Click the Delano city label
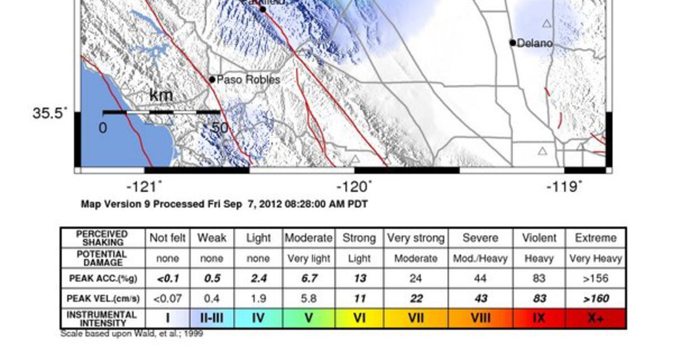[x=535, y=43]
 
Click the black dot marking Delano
[x=513, y=42]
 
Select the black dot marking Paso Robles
[x=212, y=79]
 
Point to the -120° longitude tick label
[x=354, y=187]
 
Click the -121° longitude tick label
[x=144, y=187]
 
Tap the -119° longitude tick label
[x=564, y=187]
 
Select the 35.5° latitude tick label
[x=49, y=113]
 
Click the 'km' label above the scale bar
[x=161, y=95]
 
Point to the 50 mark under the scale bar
[x=220, y=128]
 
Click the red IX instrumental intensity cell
[x=539, y=318]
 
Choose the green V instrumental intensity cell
[x=309, y=318]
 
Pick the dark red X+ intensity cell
[x=596, y=318]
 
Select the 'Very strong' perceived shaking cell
[x=416, y=238]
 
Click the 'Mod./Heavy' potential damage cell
[x=480, y=259]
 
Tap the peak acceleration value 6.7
[x=309, y=278]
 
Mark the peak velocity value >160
[x=596, y=298]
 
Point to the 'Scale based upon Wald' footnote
[x=131, y=334]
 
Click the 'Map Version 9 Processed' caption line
[x=224, y=204]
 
